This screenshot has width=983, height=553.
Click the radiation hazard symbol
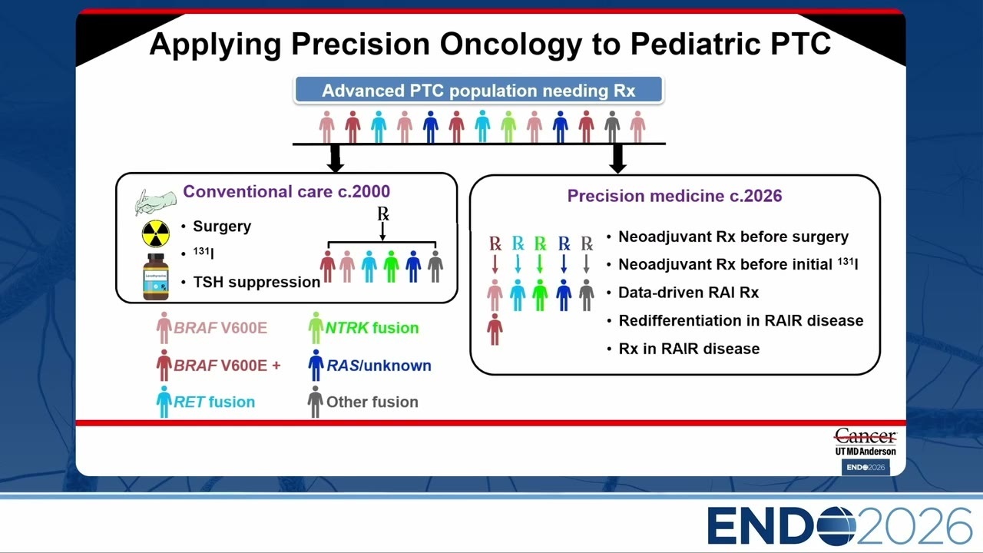[x=156, y=234]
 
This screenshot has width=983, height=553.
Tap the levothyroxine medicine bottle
[x=156, y=277]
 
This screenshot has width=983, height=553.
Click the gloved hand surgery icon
[x=155, y=201]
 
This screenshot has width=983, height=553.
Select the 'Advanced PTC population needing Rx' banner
[x=478, y=90]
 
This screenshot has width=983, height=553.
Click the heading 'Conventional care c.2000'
[x=286, y=191]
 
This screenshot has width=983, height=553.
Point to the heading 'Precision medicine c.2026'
[x=674, y=196]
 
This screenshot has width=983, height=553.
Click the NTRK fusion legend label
[x=372, y=328]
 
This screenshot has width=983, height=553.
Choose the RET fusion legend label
[x=214, y=402]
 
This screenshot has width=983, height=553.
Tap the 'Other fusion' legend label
[x=372, y=402]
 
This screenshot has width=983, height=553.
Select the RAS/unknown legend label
[x=379, y=366]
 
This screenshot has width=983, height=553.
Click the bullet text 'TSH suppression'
[x=257, y=282]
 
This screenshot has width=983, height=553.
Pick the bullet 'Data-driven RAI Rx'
[x=689, y=293]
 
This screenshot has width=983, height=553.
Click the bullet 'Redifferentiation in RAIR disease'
[x=741, y=320]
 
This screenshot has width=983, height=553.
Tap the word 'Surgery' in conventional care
[x=222, y=227]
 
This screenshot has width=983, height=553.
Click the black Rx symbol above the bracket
[x=383, y=214]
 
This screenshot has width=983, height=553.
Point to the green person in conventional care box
[x=391, y=266]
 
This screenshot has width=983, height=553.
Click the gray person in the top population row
[x=612, y=127]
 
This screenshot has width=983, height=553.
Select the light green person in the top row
[x=508, y=127]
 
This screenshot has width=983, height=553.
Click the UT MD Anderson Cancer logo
[x=866, y=442]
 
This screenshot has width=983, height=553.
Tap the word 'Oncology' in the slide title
[x=511, y=45]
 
